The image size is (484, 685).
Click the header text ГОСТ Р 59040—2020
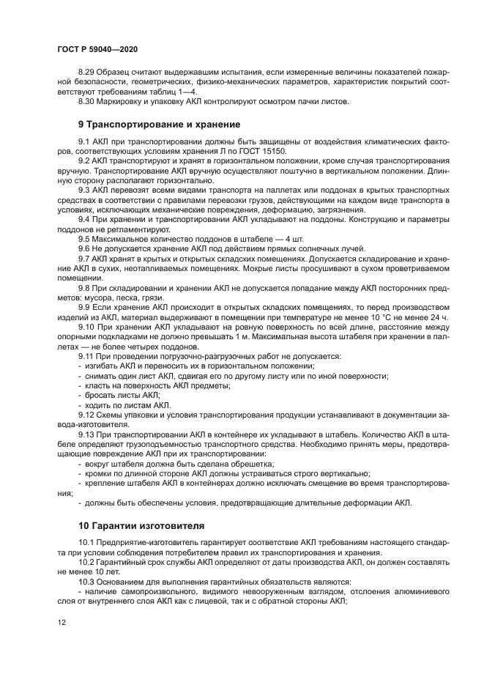(97, 48)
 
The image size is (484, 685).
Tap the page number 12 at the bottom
(62, 621)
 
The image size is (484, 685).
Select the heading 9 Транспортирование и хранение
(159, 124)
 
